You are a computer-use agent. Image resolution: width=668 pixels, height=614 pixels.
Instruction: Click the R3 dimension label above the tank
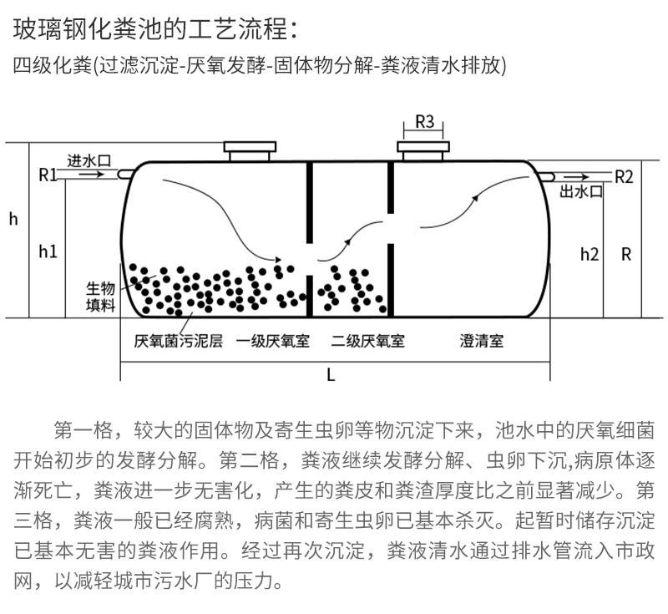[x=424, y=122]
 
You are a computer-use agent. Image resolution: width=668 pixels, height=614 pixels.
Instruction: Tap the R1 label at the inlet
[x=48, y=175]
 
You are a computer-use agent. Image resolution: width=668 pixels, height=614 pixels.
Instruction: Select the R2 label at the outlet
[x=624, y=177]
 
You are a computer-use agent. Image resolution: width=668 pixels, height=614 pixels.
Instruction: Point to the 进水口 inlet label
[x=89, y=161]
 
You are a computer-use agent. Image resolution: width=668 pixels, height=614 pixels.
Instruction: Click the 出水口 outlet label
[x=581, y=191]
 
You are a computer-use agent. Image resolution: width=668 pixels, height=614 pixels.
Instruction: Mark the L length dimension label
[x=331, y=375]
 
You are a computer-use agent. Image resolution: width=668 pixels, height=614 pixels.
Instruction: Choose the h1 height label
[x=48, y=251]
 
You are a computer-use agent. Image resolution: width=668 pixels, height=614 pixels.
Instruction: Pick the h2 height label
[x=590, y=255]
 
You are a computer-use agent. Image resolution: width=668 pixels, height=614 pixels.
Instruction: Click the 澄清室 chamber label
[x=482, y=341]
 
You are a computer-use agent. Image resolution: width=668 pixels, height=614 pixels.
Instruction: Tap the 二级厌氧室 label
[x=367, y=341]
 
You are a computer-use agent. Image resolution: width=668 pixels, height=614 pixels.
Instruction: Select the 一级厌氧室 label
[x=273, y=341]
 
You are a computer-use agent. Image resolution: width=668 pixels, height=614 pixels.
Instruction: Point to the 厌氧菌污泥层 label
[x=178, y=341]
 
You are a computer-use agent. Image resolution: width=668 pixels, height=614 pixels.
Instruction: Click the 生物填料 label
[x=100, y=297]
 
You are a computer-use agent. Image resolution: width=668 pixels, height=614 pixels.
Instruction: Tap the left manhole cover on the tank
[x=250, y=151]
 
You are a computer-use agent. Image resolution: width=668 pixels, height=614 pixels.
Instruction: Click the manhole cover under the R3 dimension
[x=423, y=151]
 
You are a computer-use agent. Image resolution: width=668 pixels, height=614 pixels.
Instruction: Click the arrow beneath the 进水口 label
[x=94, y=174]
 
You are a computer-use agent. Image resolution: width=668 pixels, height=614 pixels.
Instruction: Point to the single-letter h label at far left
[x=13, y=219]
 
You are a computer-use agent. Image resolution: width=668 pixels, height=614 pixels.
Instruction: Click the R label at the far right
[x=625, y=255]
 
